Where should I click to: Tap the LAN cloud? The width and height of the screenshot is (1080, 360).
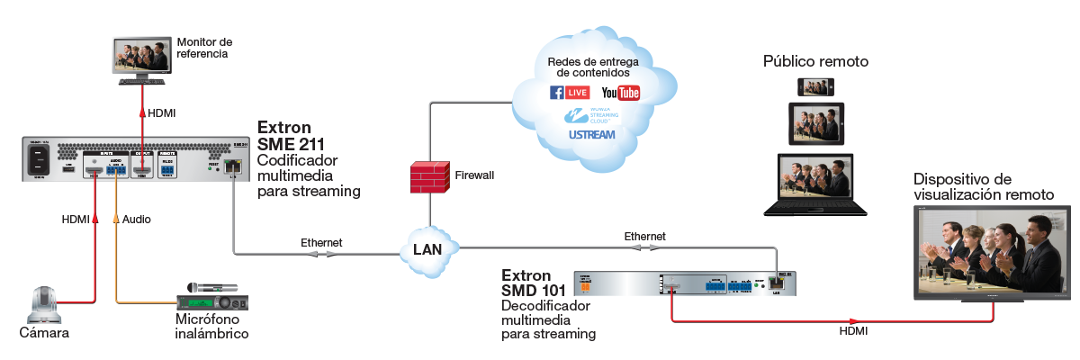[x=428, y=249]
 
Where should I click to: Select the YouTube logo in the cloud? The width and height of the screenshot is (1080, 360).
[x=620, y=93]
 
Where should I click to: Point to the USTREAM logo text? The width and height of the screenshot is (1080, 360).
[x=591, y=135]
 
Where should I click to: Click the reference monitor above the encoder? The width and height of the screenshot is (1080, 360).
[x=140, y=58]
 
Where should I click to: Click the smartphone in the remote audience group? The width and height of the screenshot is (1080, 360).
[x=816, y=86]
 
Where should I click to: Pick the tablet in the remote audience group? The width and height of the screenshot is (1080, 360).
[x=816, y=123]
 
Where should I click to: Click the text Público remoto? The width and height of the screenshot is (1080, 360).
[x=816, y=62]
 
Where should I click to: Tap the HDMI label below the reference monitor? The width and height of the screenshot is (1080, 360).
[x=162, y=113]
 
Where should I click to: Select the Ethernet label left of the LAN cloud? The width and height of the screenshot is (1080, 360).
[x=321, y=242]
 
